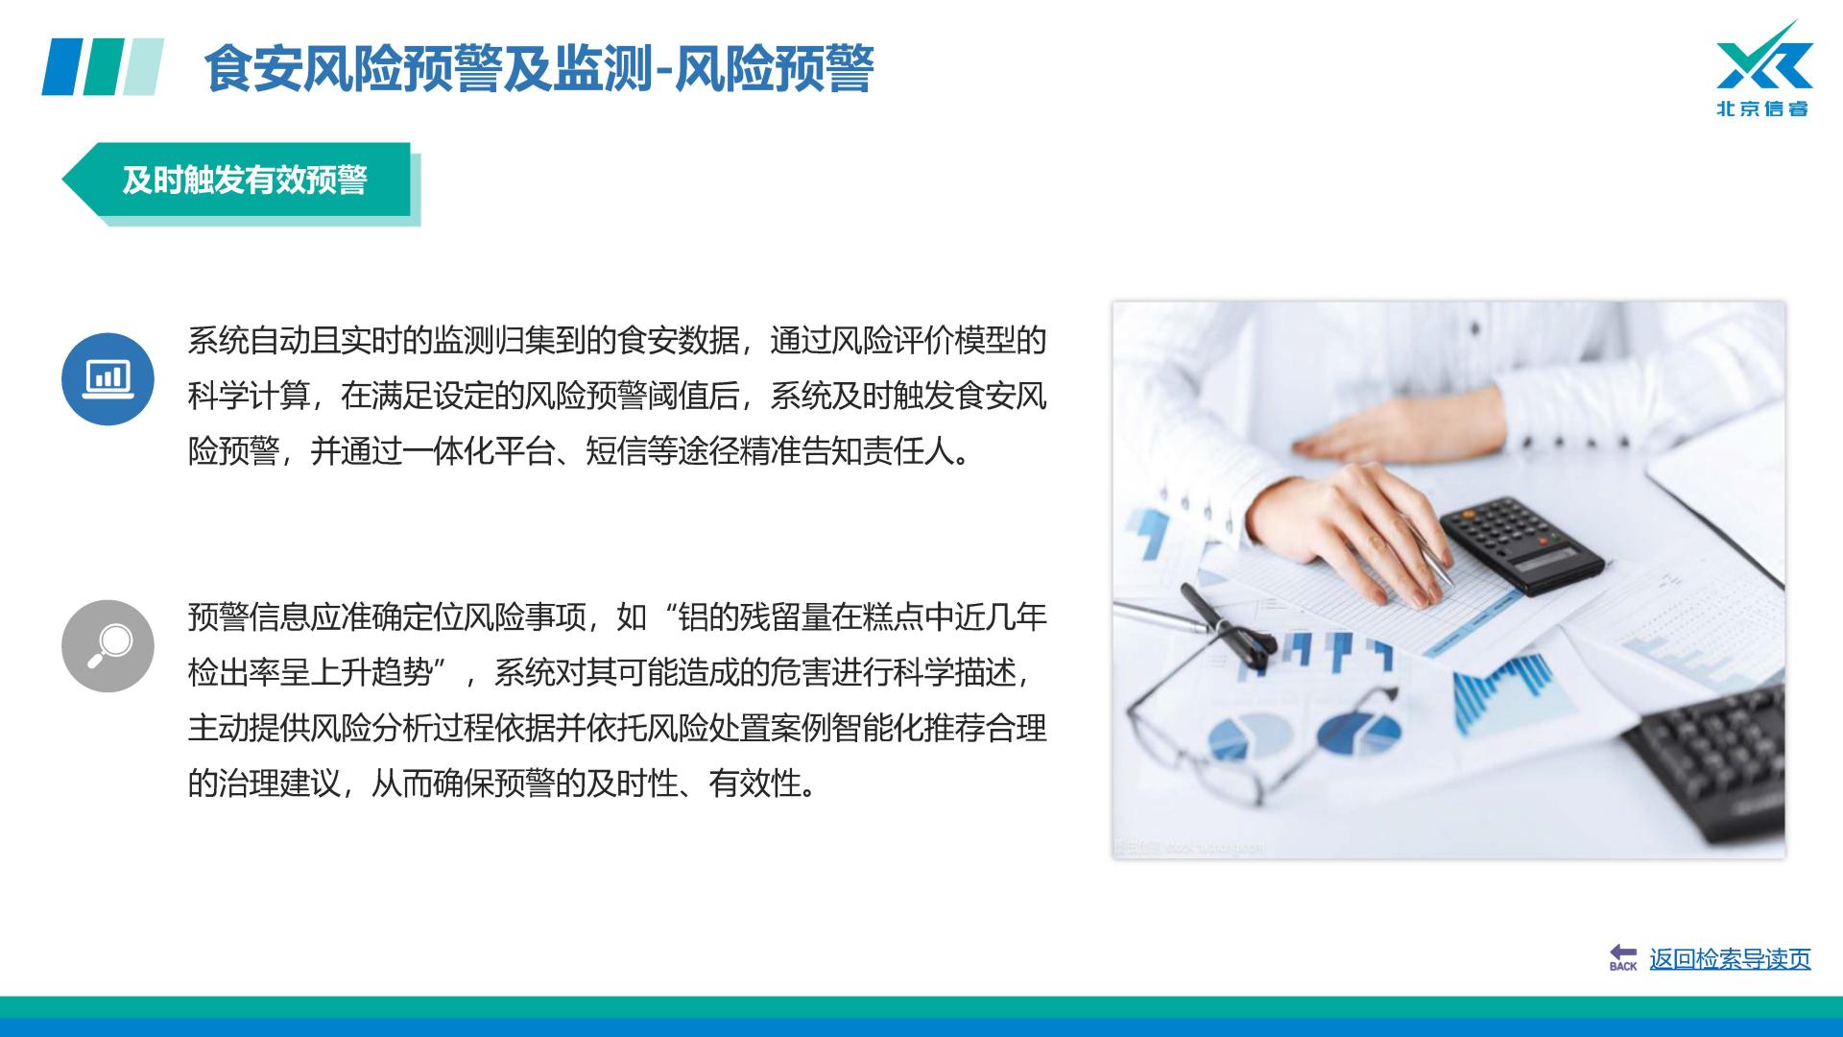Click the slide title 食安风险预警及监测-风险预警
(539, 68)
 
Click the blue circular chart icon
(108, 378)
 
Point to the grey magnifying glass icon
(108, 645)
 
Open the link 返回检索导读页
(1730, 958)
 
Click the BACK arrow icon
(1623, 956)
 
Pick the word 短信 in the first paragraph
(616, 451)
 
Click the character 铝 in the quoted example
(693, 616)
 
